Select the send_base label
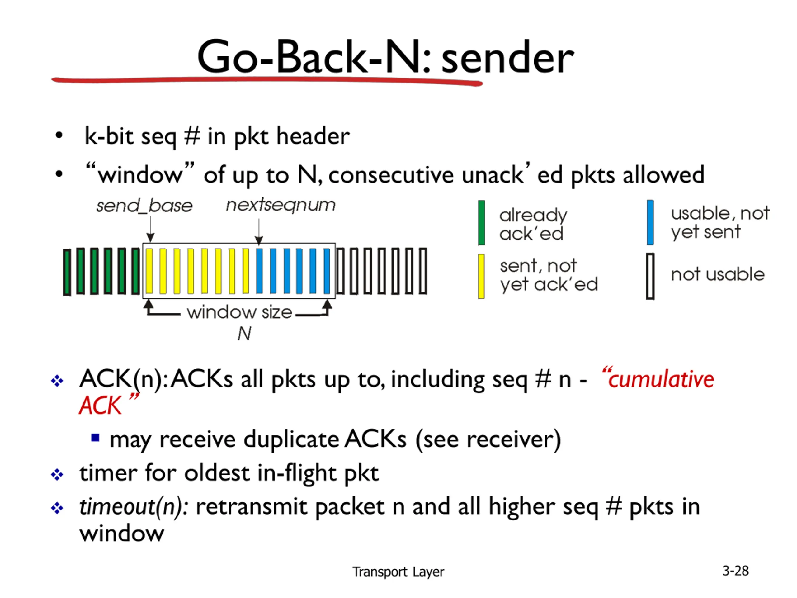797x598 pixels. [144, 206]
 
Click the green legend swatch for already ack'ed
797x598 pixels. [481, 223]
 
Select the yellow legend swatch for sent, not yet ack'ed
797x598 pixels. [481, 277]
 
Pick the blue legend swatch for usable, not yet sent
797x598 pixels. [650, 222]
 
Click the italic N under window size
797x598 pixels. [244, 334]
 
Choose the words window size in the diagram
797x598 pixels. [239, 312]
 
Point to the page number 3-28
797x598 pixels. [735, 571]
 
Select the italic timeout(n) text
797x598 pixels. [133, 507]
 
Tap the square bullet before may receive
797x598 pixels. [95, 438]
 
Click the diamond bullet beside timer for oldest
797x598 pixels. [57, 474]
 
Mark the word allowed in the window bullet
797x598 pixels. [663, 174]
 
